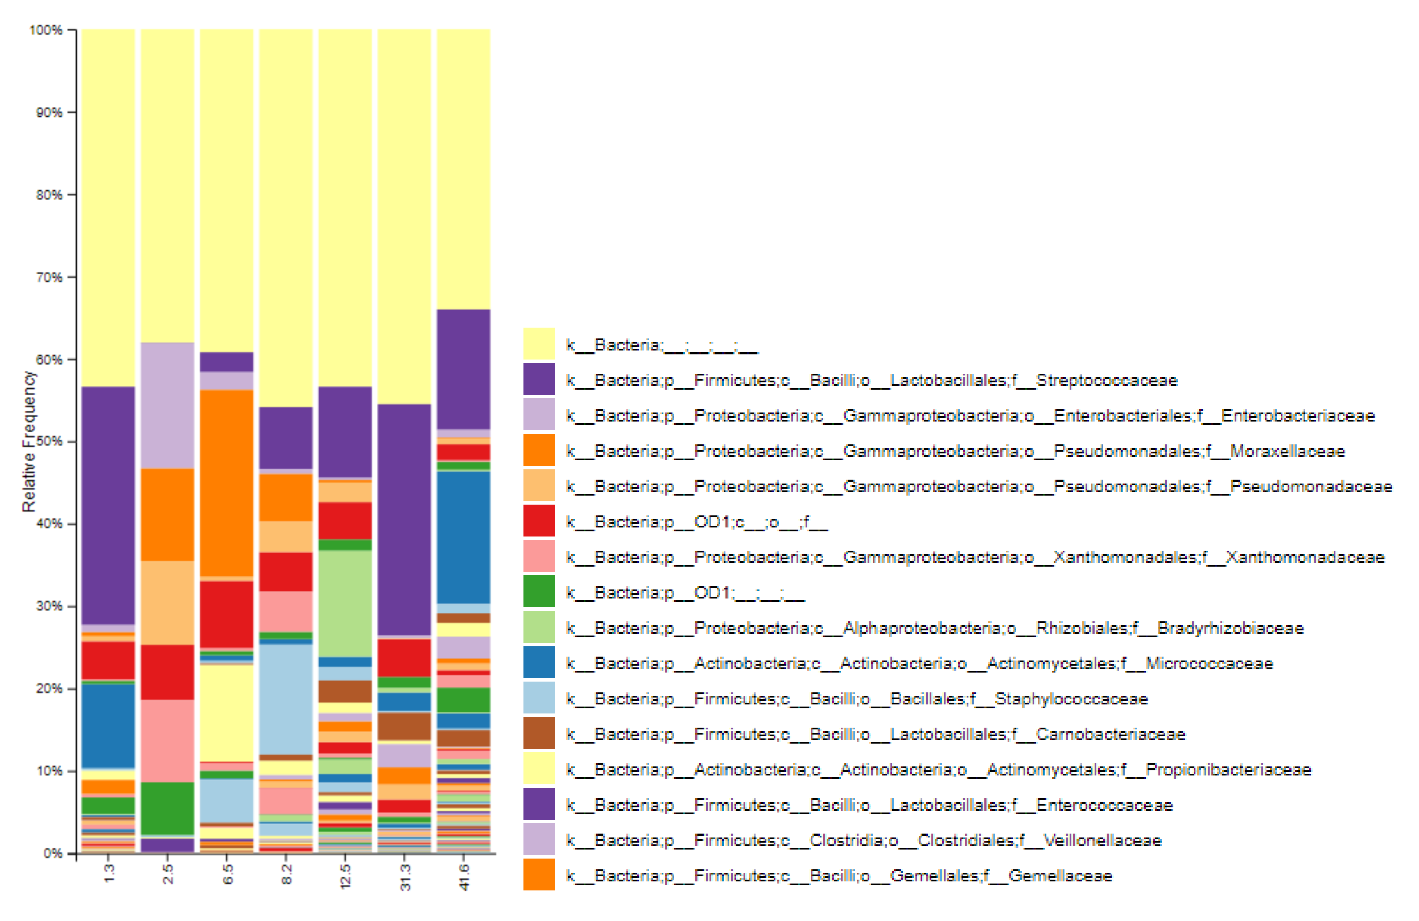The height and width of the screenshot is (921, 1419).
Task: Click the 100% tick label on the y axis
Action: click(46, 30)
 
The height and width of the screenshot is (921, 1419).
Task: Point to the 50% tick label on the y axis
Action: click(48, 442)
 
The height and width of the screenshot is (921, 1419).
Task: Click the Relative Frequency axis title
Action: click(28, 442)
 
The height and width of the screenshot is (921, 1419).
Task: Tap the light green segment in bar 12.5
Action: click(345, 603)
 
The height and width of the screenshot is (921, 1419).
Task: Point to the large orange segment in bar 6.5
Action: click(227, 483)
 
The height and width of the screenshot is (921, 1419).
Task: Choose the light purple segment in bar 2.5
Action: click(168, 405)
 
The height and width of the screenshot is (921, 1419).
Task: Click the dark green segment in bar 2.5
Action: click(168, 808)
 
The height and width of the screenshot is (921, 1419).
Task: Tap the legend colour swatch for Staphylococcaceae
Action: click(539, 698)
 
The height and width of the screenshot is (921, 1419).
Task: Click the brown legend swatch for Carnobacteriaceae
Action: click(539, 733)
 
